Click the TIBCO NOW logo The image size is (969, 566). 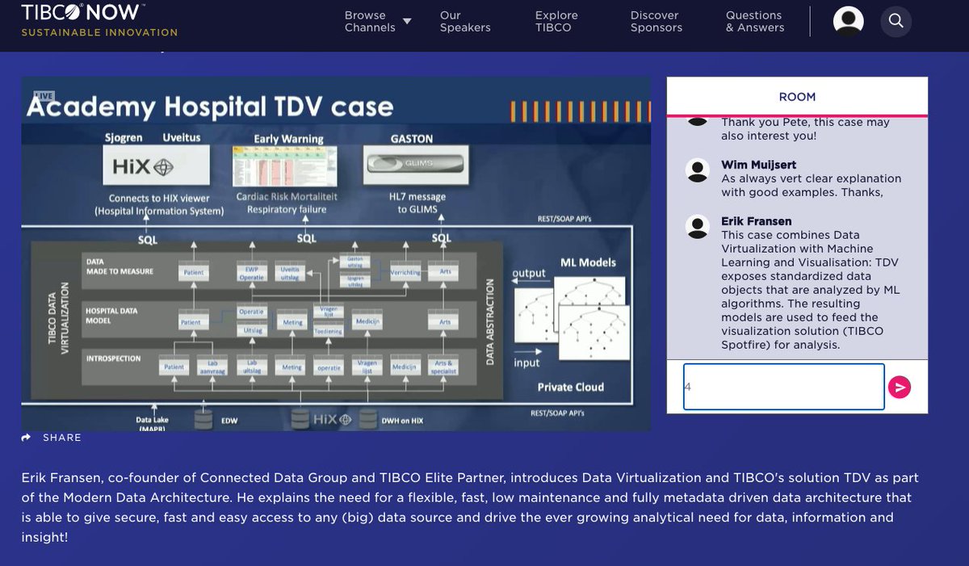point(81,14)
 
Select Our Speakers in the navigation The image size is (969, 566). point(464,21)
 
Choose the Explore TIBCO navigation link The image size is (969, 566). point(556,21)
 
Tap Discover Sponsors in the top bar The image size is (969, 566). point(656,21)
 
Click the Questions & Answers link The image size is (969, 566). point(754,21)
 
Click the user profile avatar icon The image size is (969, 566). point(848,21)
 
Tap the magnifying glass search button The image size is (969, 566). point(896,21)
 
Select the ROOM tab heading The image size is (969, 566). point(797,97)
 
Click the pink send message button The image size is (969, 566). point(899,388)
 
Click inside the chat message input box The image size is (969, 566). point(783,387)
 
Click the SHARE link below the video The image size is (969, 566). point(52,438)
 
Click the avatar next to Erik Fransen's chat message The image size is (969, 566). point(697,226)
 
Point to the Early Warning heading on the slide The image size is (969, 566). point(288,139)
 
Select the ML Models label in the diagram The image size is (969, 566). point(588,262)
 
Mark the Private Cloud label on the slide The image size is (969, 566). point(570,387)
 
